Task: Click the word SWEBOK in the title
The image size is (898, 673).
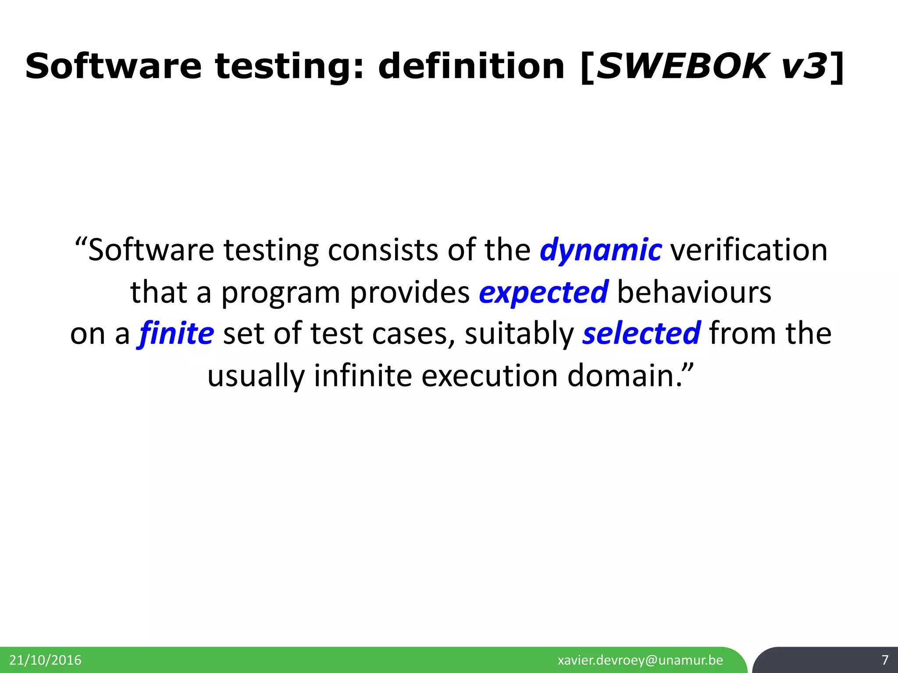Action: click(682, 67)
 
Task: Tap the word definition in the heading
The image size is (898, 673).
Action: click(471, 67)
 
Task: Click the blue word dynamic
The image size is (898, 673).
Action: click(600, 250)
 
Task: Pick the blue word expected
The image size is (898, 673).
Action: click(543, 292)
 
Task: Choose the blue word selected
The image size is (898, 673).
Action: click(641, 333)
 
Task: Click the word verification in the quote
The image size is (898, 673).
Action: click(749, 250)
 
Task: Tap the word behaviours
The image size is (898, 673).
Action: click(694, 292)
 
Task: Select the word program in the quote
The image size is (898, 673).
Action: click(281, 292)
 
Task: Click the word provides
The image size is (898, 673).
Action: click(410, 292)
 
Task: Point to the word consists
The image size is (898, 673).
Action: click(383, 250)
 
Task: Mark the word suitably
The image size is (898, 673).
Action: click(519, 333)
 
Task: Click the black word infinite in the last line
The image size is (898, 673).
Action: click(363, 375)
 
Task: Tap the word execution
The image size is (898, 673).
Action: click(489, 375)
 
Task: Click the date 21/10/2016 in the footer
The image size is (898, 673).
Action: click(45, 660)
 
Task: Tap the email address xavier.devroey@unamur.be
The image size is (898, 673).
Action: click(640, 660)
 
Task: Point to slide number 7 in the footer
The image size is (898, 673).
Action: click(885, 660)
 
